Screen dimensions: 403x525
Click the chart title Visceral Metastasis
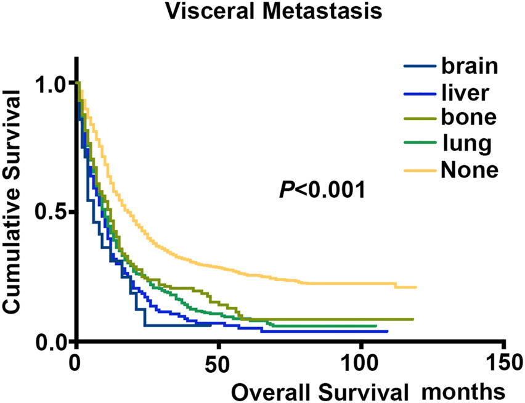tap(262, 12)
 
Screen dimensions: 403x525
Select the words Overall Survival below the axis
tap(320, 391)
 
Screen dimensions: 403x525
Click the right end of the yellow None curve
tap(417, 287)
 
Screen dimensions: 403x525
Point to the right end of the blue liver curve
tap(387, 332)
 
